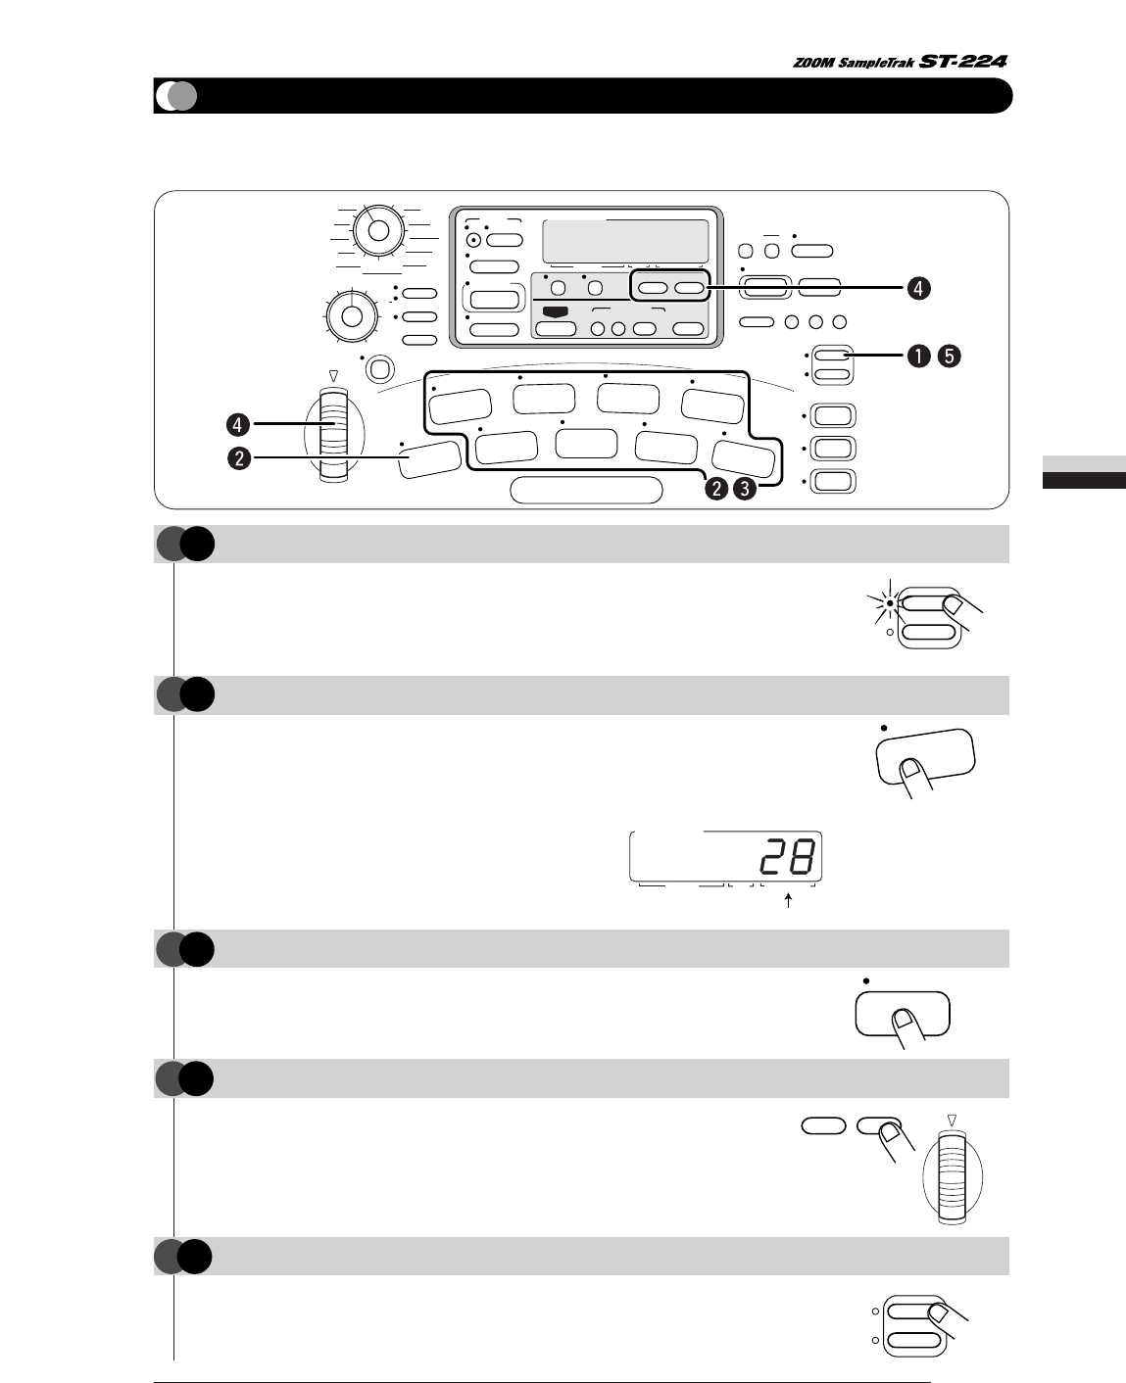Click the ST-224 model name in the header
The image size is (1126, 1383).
point(963,61)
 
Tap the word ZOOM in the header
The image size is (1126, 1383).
point(812,63)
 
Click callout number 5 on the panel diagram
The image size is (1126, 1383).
point(950,357)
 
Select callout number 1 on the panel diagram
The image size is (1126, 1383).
point(918,357)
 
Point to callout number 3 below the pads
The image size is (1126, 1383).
point(746,489)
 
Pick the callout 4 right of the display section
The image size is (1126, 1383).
point(918,289)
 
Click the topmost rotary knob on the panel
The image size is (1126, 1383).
point(378,231)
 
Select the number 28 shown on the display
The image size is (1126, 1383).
point(786,859)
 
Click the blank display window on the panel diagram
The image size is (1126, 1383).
point(624,240)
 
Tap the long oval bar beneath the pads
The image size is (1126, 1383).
point(586,490)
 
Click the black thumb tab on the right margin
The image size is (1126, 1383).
point(1083,480)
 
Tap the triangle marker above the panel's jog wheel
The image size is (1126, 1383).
point(333,375)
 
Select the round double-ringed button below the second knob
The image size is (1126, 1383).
point(378,368)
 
